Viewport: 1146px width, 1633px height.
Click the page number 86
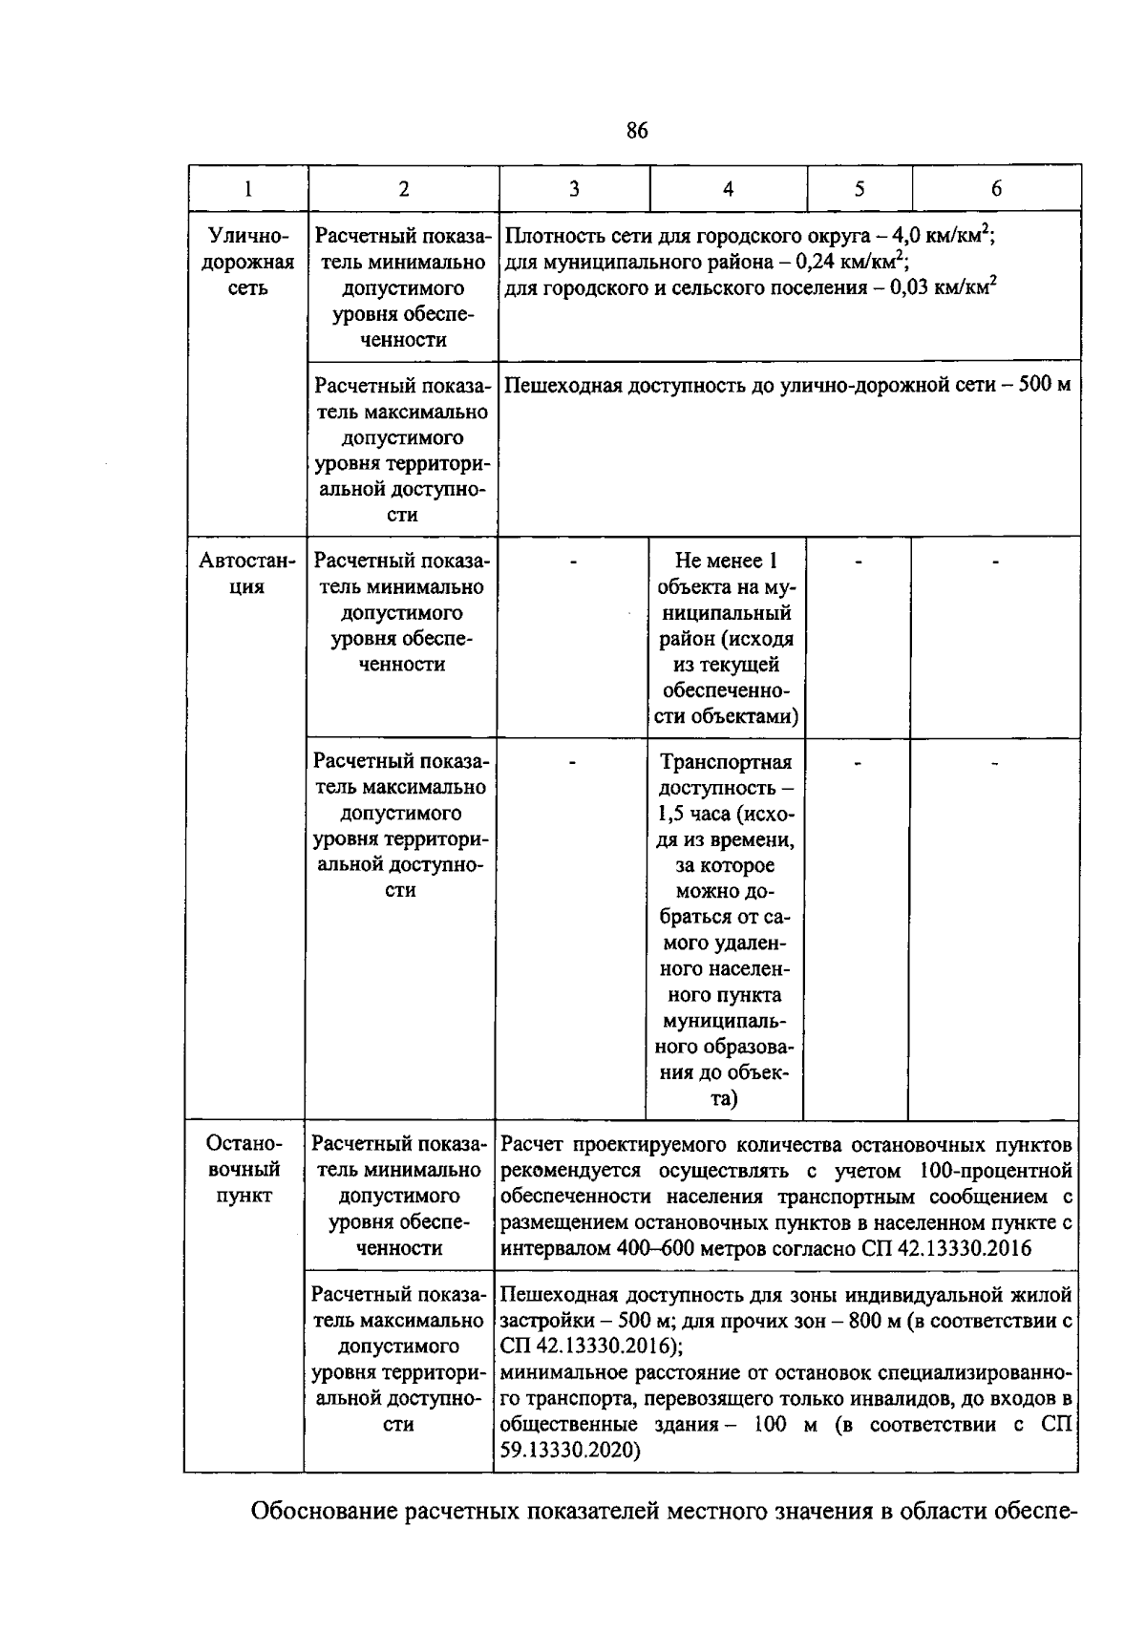click(637, 131)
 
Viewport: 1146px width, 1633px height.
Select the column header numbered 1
click(247, 189)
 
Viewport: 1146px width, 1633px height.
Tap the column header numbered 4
click(728, 189)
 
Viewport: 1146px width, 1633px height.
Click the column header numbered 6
click(996, 189)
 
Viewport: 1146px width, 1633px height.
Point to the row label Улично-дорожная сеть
click(247, 262)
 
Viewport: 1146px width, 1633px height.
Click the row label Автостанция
click(246, 573)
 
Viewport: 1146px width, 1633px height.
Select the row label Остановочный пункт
click(244, 1169)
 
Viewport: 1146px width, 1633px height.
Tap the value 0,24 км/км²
click(852, 261)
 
